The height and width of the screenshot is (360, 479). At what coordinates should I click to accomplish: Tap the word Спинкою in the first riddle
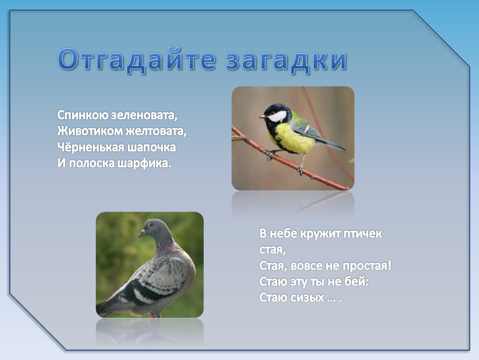click(82, 115)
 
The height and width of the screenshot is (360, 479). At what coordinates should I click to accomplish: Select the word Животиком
click(90, 131)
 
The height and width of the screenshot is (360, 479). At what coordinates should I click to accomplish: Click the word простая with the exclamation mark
click(367, 265)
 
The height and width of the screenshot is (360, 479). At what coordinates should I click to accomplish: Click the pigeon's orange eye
click(150, 225)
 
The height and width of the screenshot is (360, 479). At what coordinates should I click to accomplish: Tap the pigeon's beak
click(142, 234)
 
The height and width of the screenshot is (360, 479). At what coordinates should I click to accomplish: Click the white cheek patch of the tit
click(277, 116)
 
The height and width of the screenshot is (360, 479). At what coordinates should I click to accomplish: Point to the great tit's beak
click(262, 116)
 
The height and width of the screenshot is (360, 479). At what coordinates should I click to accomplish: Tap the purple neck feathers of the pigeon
click(167, 246)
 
